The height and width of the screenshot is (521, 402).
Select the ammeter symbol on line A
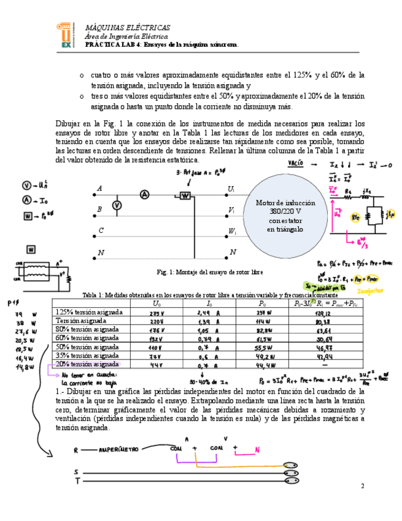(x=144, y=194)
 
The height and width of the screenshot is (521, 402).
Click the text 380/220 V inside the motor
(x=283, y=211)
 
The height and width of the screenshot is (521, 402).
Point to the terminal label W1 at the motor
(x=231, y=232)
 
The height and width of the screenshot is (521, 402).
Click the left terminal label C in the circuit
(x=99, y=231)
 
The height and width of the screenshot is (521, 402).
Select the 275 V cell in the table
(x=157, y=312)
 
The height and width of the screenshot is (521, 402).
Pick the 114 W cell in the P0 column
(x=264, y=321)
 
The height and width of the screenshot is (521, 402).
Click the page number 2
(x=362, y=486)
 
